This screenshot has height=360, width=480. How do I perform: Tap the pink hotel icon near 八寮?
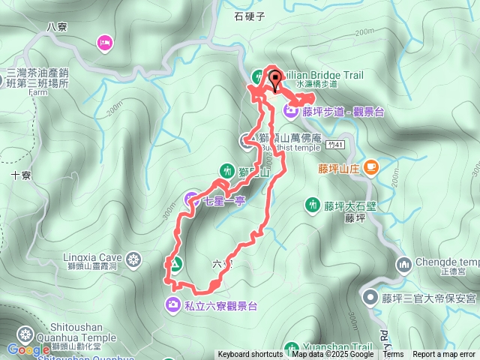(104, 43)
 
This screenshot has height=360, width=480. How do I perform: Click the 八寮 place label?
(57, 26)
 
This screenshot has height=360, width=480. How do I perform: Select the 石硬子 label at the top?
(249, 15)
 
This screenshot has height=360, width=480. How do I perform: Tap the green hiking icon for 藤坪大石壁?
(312, 204)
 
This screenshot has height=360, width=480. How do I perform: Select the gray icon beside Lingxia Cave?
(133, 260)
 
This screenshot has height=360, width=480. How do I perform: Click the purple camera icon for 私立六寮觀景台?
(173, 304)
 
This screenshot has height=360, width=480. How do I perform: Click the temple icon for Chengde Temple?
(404, 264)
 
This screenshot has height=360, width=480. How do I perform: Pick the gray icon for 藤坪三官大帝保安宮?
(370, 298)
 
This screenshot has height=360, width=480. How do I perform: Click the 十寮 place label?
(21, 175)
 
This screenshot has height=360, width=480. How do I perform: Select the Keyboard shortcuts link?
(250, 355)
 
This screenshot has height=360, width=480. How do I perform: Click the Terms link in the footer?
(393, 355)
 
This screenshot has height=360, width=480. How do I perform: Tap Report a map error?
(444, 355)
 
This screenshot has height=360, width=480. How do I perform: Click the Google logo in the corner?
(28, 349)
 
